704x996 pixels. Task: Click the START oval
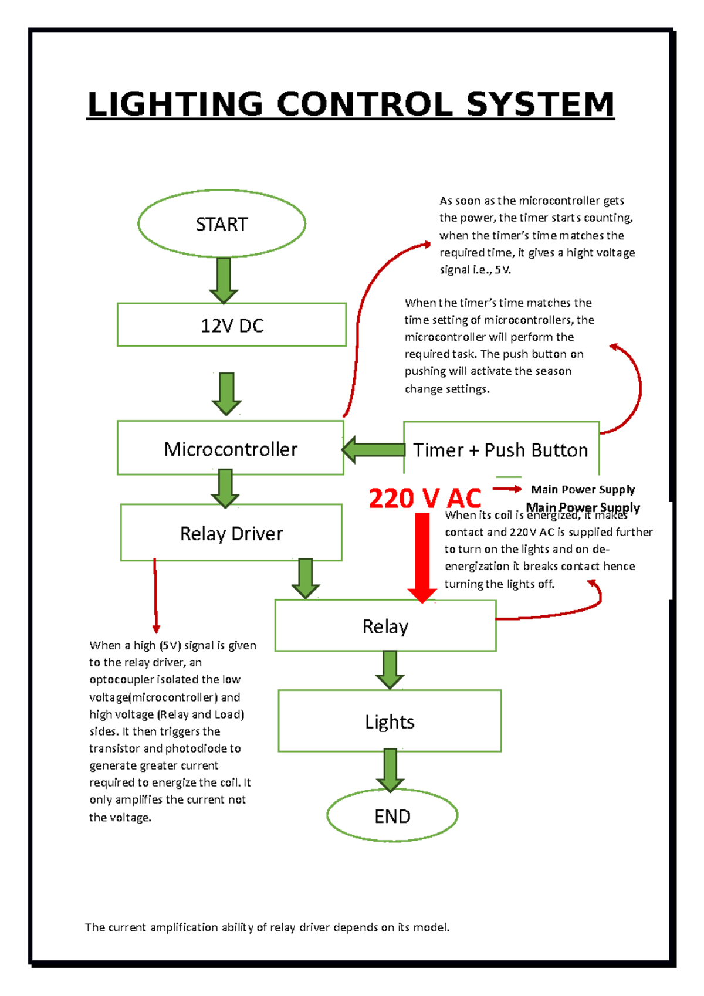click(222, 223)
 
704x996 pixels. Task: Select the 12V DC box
click(231, 325)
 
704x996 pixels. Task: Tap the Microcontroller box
click(230, 449)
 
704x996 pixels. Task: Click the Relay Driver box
click(231, 533)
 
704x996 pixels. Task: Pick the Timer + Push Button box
click(500, 449)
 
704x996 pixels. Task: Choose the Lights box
click(390, 721)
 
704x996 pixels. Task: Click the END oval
click(392, 816)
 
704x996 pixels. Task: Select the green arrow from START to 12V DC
click(224, 280)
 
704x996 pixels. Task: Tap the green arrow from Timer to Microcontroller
click(374, 450)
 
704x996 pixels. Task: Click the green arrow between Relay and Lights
click(390, 669)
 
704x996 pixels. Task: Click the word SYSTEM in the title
click(540, 105)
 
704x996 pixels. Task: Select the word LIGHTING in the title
click(175, 105)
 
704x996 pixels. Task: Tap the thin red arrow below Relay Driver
click(155, 595)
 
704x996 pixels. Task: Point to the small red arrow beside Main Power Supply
click(507, 489)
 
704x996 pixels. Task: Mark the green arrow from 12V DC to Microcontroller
click(226, 394)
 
